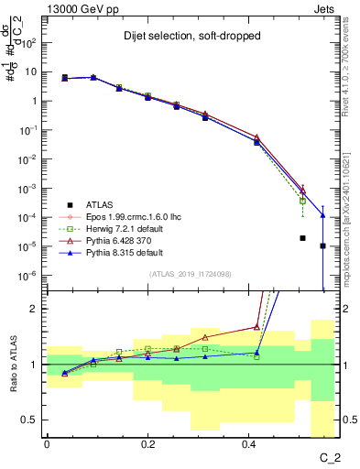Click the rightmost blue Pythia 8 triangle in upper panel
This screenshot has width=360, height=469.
[322, 215]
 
